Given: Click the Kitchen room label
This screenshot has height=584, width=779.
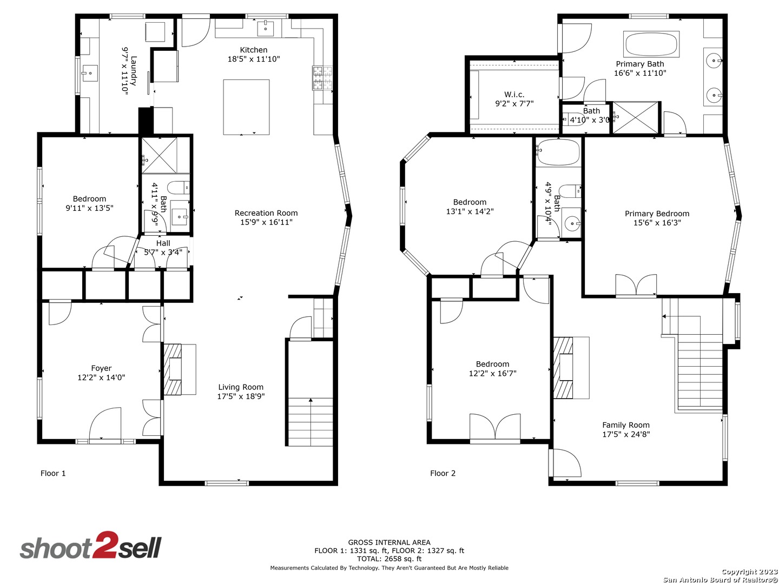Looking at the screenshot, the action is pos(253,50).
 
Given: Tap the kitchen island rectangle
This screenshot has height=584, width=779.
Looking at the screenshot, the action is pos(246,107).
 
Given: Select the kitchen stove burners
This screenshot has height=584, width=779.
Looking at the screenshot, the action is pos(322,78).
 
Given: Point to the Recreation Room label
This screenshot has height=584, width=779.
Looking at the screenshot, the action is pos(266,213).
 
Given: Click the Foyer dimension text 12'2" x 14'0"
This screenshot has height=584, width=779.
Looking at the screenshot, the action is pos(101,377).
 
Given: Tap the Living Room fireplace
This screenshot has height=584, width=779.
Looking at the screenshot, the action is pos(179,369).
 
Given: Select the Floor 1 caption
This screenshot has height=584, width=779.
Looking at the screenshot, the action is pos(53,473).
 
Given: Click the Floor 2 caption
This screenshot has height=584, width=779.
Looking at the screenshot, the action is pos(443,473).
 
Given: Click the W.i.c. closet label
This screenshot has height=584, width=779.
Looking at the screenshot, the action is pos(514,95).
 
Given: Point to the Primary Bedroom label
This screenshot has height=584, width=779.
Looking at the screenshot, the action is pos(657,214).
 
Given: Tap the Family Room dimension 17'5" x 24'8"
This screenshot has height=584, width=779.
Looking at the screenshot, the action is pos(626,434).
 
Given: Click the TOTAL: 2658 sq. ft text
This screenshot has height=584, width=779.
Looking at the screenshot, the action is pos(389,559).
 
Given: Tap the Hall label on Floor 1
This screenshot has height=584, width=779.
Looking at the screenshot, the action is pos(163,243).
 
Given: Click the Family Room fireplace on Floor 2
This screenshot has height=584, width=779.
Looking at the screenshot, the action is pos(571,368).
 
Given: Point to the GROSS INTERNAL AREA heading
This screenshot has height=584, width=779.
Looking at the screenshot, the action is pos(389,542).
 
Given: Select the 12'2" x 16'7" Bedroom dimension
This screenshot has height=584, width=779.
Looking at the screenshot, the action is pos(492,373).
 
